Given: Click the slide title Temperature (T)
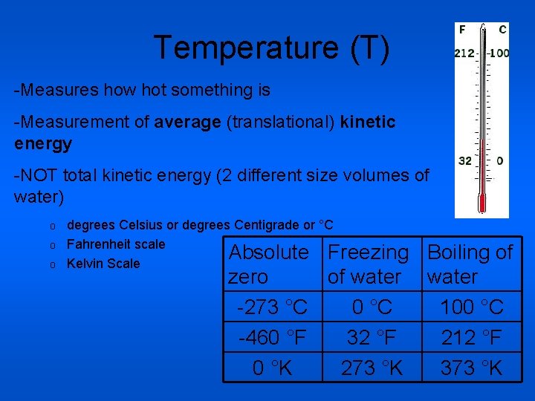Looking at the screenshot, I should (271, 48).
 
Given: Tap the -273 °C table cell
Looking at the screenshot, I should (272, 307).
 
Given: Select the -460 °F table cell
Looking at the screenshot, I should (272, 338).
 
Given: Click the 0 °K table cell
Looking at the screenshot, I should (272, 368).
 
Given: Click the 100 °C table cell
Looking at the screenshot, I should (471, 307).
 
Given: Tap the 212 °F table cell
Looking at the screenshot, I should (471, 338).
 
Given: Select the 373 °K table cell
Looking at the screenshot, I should (471, 368).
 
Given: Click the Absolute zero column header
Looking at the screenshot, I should (269, 264).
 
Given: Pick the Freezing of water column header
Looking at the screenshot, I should (369, 264).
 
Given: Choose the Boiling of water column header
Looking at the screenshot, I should (470, 264).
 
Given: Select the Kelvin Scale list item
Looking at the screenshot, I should (103, 264).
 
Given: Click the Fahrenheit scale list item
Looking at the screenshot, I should (116, 244).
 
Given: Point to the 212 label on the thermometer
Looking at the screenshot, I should (465, 53).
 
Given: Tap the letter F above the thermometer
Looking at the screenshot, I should (463, 30).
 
